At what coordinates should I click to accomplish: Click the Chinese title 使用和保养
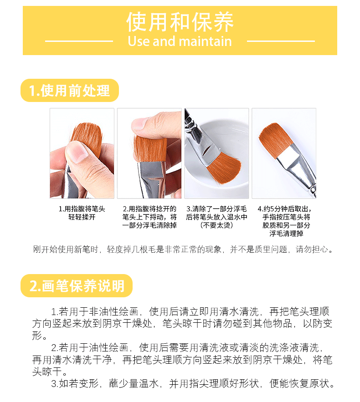pyautogui.click(x=180, y=22)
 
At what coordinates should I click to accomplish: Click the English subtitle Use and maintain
pyautogui.click(x=180, y=41)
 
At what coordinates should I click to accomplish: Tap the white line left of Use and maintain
pyautogui.click(x=79, y=41)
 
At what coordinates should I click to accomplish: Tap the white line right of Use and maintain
pyautogui.click(x=281, y=41)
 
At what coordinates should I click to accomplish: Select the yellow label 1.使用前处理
pyautogui.click(x=70, y=91)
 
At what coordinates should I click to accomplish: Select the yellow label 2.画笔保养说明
pyautogui.click(x=77, y=285)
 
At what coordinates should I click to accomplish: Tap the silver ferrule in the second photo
pyautogui.click(x=152, y=179)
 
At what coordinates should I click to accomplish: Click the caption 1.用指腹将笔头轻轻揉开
pyautogui.click(x=82, y=213)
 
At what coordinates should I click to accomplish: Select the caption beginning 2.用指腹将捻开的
pyautogui.click(x=149, y=217)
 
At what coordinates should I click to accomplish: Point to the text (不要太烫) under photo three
pyautogui.click(x=216, y=225)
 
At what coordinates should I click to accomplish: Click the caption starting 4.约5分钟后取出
pyautogui.click(x=285, y=221)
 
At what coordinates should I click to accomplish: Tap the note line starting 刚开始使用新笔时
pyautogui.click(x=183, y=249)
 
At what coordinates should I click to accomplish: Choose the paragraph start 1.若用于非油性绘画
pyautogui.click(x=95, y=312)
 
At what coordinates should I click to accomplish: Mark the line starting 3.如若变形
pyautogui.click(x=192, y=383)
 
